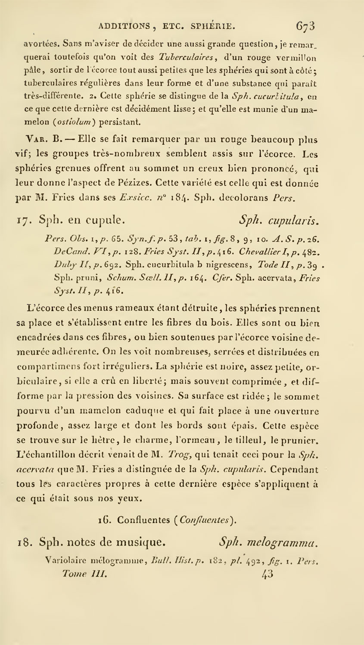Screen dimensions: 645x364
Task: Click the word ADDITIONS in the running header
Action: pos(124,26)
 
